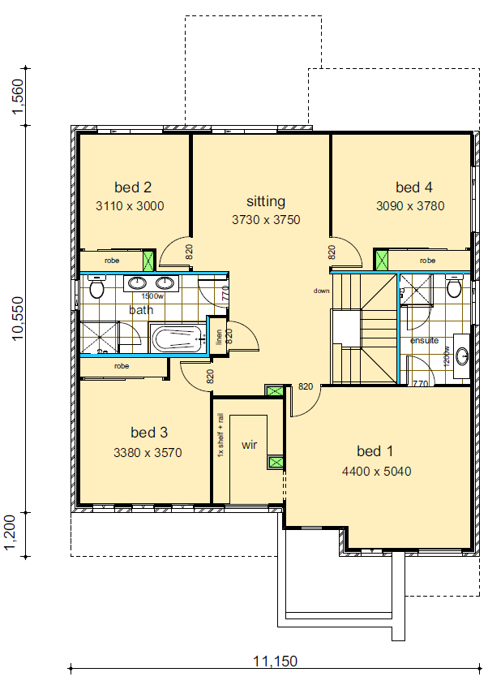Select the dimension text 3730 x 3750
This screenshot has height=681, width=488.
(266, 219)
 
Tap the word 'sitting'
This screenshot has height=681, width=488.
(266, 201)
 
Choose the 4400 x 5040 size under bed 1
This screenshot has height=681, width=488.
(377, 470)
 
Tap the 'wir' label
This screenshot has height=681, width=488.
(249, 446)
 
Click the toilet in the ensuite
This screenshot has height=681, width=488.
(454, 288)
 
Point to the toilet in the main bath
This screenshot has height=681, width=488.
(96, 288)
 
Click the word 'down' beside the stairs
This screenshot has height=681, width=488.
(322, 290)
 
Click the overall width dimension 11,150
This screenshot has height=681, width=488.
(273, 662)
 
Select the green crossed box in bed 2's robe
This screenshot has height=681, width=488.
(148, 261)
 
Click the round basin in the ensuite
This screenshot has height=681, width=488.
(462, 355)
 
